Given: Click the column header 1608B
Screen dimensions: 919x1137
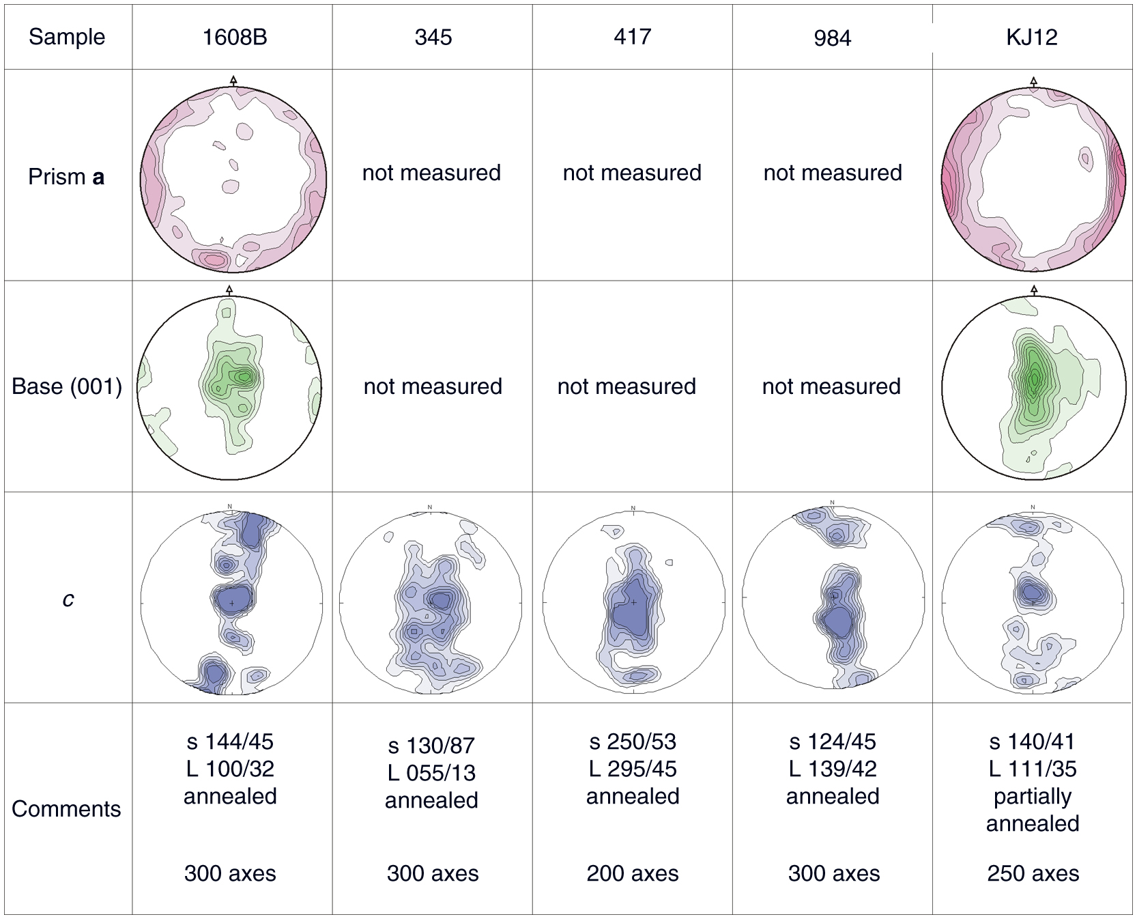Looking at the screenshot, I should pyautogui.click(x=234, y=37).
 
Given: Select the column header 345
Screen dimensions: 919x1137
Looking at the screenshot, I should pyautogui.click(x=433, y=37).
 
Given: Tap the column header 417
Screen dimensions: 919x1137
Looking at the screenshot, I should pyautogui.click(x=633, y=37).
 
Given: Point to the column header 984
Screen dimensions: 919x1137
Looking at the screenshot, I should pyautogui.click(x=832, y=38).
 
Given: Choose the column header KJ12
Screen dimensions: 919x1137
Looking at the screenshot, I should pyautogui.click(x=1032, y=37).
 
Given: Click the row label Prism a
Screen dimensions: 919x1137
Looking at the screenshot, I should pyautogui.click(x=66, y=177).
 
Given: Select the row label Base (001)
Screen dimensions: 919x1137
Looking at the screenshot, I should pyautogui.click(x=67, y=386).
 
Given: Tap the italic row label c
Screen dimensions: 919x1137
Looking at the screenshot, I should pyautogui.click(x=68, y=599).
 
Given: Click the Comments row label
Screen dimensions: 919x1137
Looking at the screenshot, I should pyautogui.click(x=66, y=808).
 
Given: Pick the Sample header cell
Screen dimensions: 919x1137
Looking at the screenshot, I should pyautogui.click(x=67, y=37).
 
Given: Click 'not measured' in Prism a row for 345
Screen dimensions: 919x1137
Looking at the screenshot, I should pyautogui.click(x=431, y=173).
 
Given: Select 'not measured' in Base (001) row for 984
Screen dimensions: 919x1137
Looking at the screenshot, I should pyautogui.click(x=831, y=386).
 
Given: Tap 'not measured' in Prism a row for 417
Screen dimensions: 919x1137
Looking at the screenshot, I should pyautogui.click(x=632, y=173).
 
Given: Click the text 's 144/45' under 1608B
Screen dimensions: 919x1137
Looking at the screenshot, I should pyautogui.click(x=230, y=741).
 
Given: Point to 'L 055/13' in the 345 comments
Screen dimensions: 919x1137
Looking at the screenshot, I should pyautogui.click(x=431, y=773).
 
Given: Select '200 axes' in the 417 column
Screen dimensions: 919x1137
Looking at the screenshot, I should pyautogui.click(x=633, y=873).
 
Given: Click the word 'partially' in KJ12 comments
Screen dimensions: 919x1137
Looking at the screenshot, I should pyautogui.click(x=1033, y=796).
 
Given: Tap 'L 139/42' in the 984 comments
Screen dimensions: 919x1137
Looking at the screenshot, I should pyautogui.click(x=833, y=769).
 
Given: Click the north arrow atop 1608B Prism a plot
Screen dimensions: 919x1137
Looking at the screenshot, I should pyautogui.click(x=233, y=81).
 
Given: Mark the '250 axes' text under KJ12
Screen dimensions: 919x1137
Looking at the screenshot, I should pyautogui.click(x=1033, y=873).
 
